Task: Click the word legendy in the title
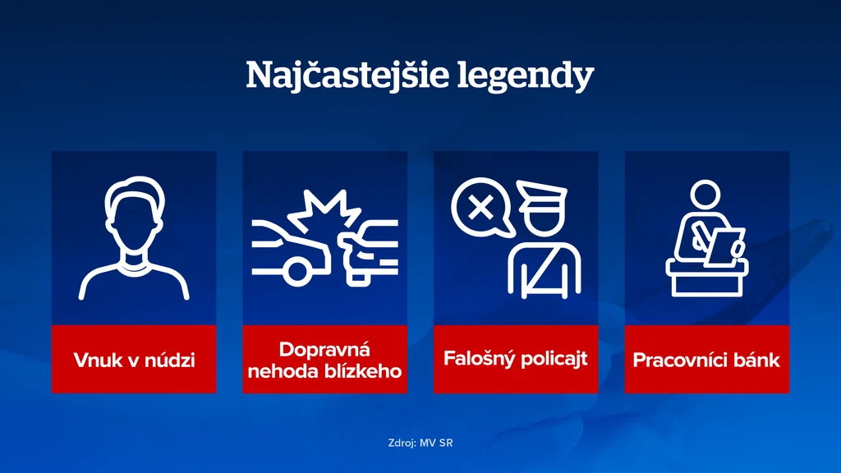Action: (525, 76)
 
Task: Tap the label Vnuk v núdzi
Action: (134, 360)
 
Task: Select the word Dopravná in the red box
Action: (324, 350)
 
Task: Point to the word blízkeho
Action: (362, 371)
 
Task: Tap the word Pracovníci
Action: (679, 360)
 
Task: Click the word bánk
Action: (756, 360)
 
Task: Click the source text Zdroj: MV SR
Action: (420, 443)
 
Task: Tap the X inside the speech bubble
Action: (480, 207)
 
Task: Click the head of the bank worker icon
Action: (705, 195)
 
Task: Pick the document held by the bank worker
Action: (724, 246)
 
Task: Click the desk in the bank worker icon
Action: (707, 278)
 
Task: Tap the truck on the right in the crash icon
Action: (370, 250)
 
